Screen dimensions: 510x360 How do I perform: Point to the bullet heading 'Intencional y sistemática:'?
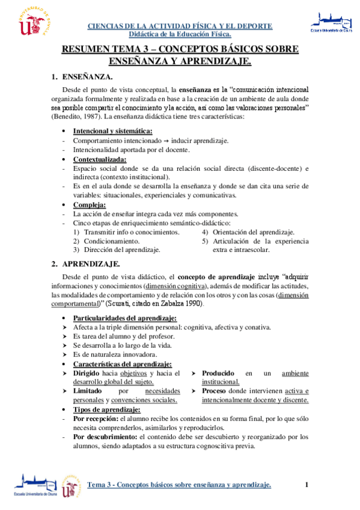click(x=112, y=131)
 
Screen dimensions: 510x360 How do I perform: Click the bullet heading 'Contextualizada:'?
click(x=100, y=159)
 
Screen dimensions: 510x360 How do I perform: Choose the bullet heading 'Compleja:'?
click(x=89, y=204)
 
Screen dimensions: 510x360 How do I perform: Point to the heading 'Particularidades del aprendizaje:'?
click(x=124, y=318)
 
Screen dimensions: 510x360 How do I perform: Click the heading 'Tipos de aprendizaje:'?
click(x=106, y=410)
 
